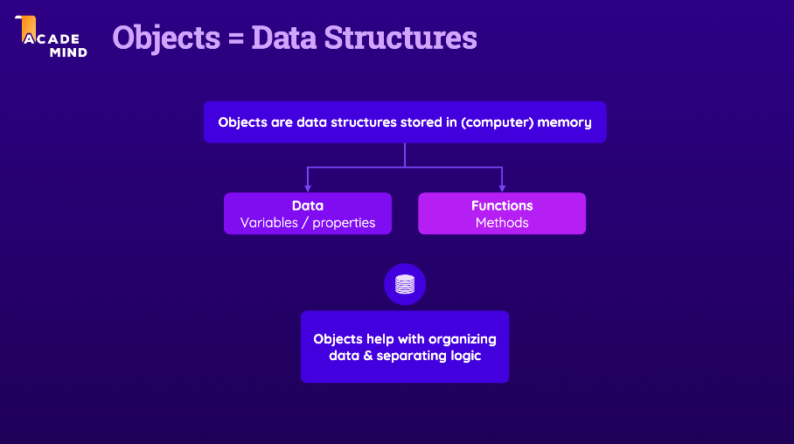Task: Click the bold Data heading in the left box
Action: (308, 205)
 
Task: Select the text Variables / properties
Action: (308, 223)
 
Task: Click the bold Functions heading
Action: (502, 205)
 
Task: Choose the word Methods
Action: (502, 223)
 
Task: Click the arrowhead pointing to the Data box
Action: (308, 187)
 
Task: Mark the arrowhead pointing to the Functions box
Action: (502, 187)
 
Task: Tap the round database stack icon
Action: (405, 284)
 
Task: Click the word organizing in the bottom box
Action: (463, 338)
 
